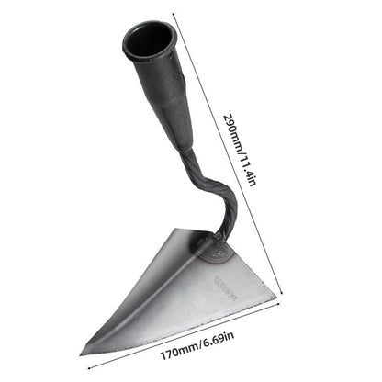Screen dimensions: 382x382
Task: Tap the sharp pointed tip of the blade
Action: click(83, 352)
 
